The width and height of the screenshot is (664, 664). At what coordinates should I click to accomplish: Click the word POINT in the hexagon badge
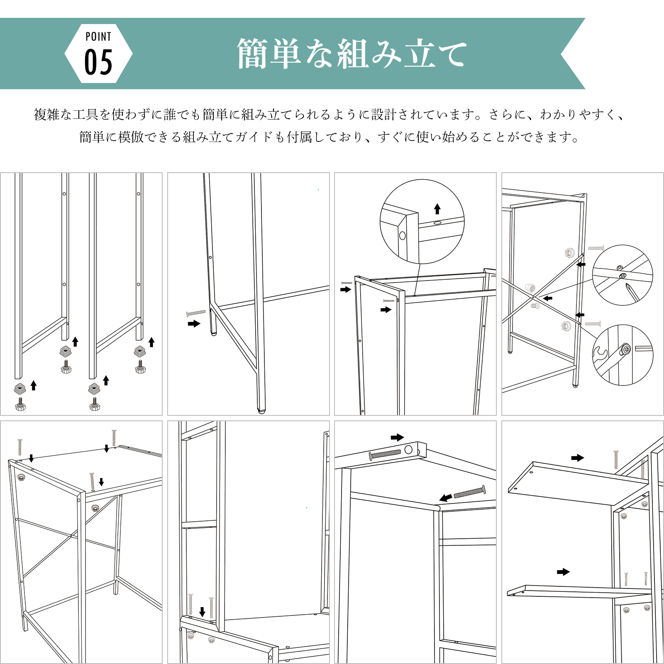click(98, 37)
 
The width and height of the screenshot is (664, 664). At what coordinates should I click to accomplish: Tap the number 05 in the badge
click(98, 62)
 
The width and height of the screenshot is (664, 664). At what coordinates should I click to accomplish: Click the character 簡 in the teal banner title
click(252, 54)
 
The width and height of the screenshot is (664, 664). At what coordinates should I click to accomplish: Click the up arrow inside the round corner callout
click(437, 208)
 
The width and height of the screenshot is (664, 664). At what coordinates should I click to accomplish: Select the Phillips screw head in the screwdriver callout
click(622, 276)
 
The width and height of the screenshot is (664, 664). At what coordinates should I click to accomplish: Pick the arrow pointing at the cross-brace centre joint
click(548, 298)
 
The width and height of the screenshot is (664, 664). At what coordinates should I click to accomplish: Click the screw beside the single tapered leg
click(196, 313)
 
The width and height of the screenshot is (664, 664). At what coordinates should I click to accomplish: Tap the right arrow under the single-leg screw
click(194, 324)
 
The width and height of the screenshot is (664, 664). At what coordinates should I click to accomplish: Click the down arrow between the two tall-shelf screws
click(202, 611)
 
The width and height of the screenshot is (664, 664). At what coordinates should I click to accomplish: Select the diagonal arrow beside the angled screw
click(446, 498)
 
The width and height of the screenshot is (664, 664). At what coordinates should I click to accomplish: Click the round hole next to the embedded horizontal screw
click(408, 449)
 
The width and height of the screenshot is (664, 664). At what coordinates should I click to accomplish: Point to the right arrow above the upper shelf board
click(577, 458)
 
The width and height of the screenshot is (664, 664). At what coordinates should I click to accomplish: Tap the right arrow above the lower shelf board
click(563, 572)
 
